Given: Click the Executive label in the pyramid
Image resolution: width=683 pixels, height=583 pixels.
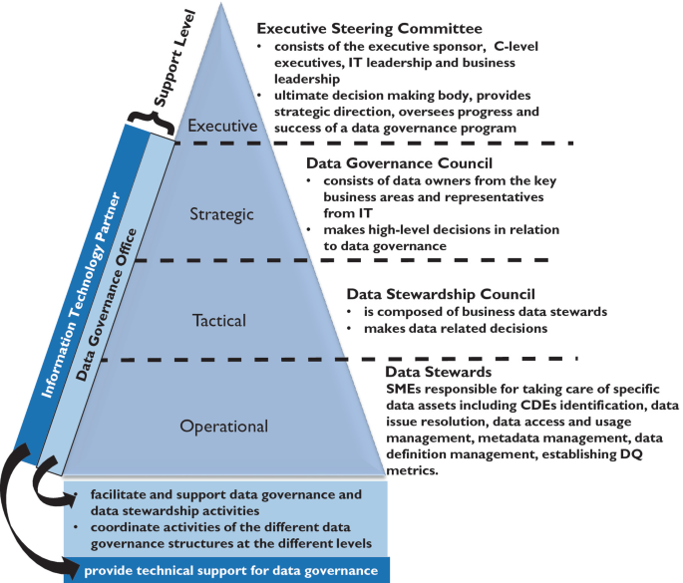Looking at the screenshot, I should coord(224,127).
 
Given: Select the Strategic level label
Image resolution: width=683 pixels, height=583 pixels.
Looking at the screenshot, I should coord(221,214).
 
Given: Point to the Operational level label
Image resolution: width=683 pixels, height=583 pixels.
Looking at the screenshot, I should coord(223,427).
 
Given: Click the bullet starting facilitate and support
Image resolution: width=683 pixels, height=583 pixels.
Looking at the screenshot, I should coord(225,500).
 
